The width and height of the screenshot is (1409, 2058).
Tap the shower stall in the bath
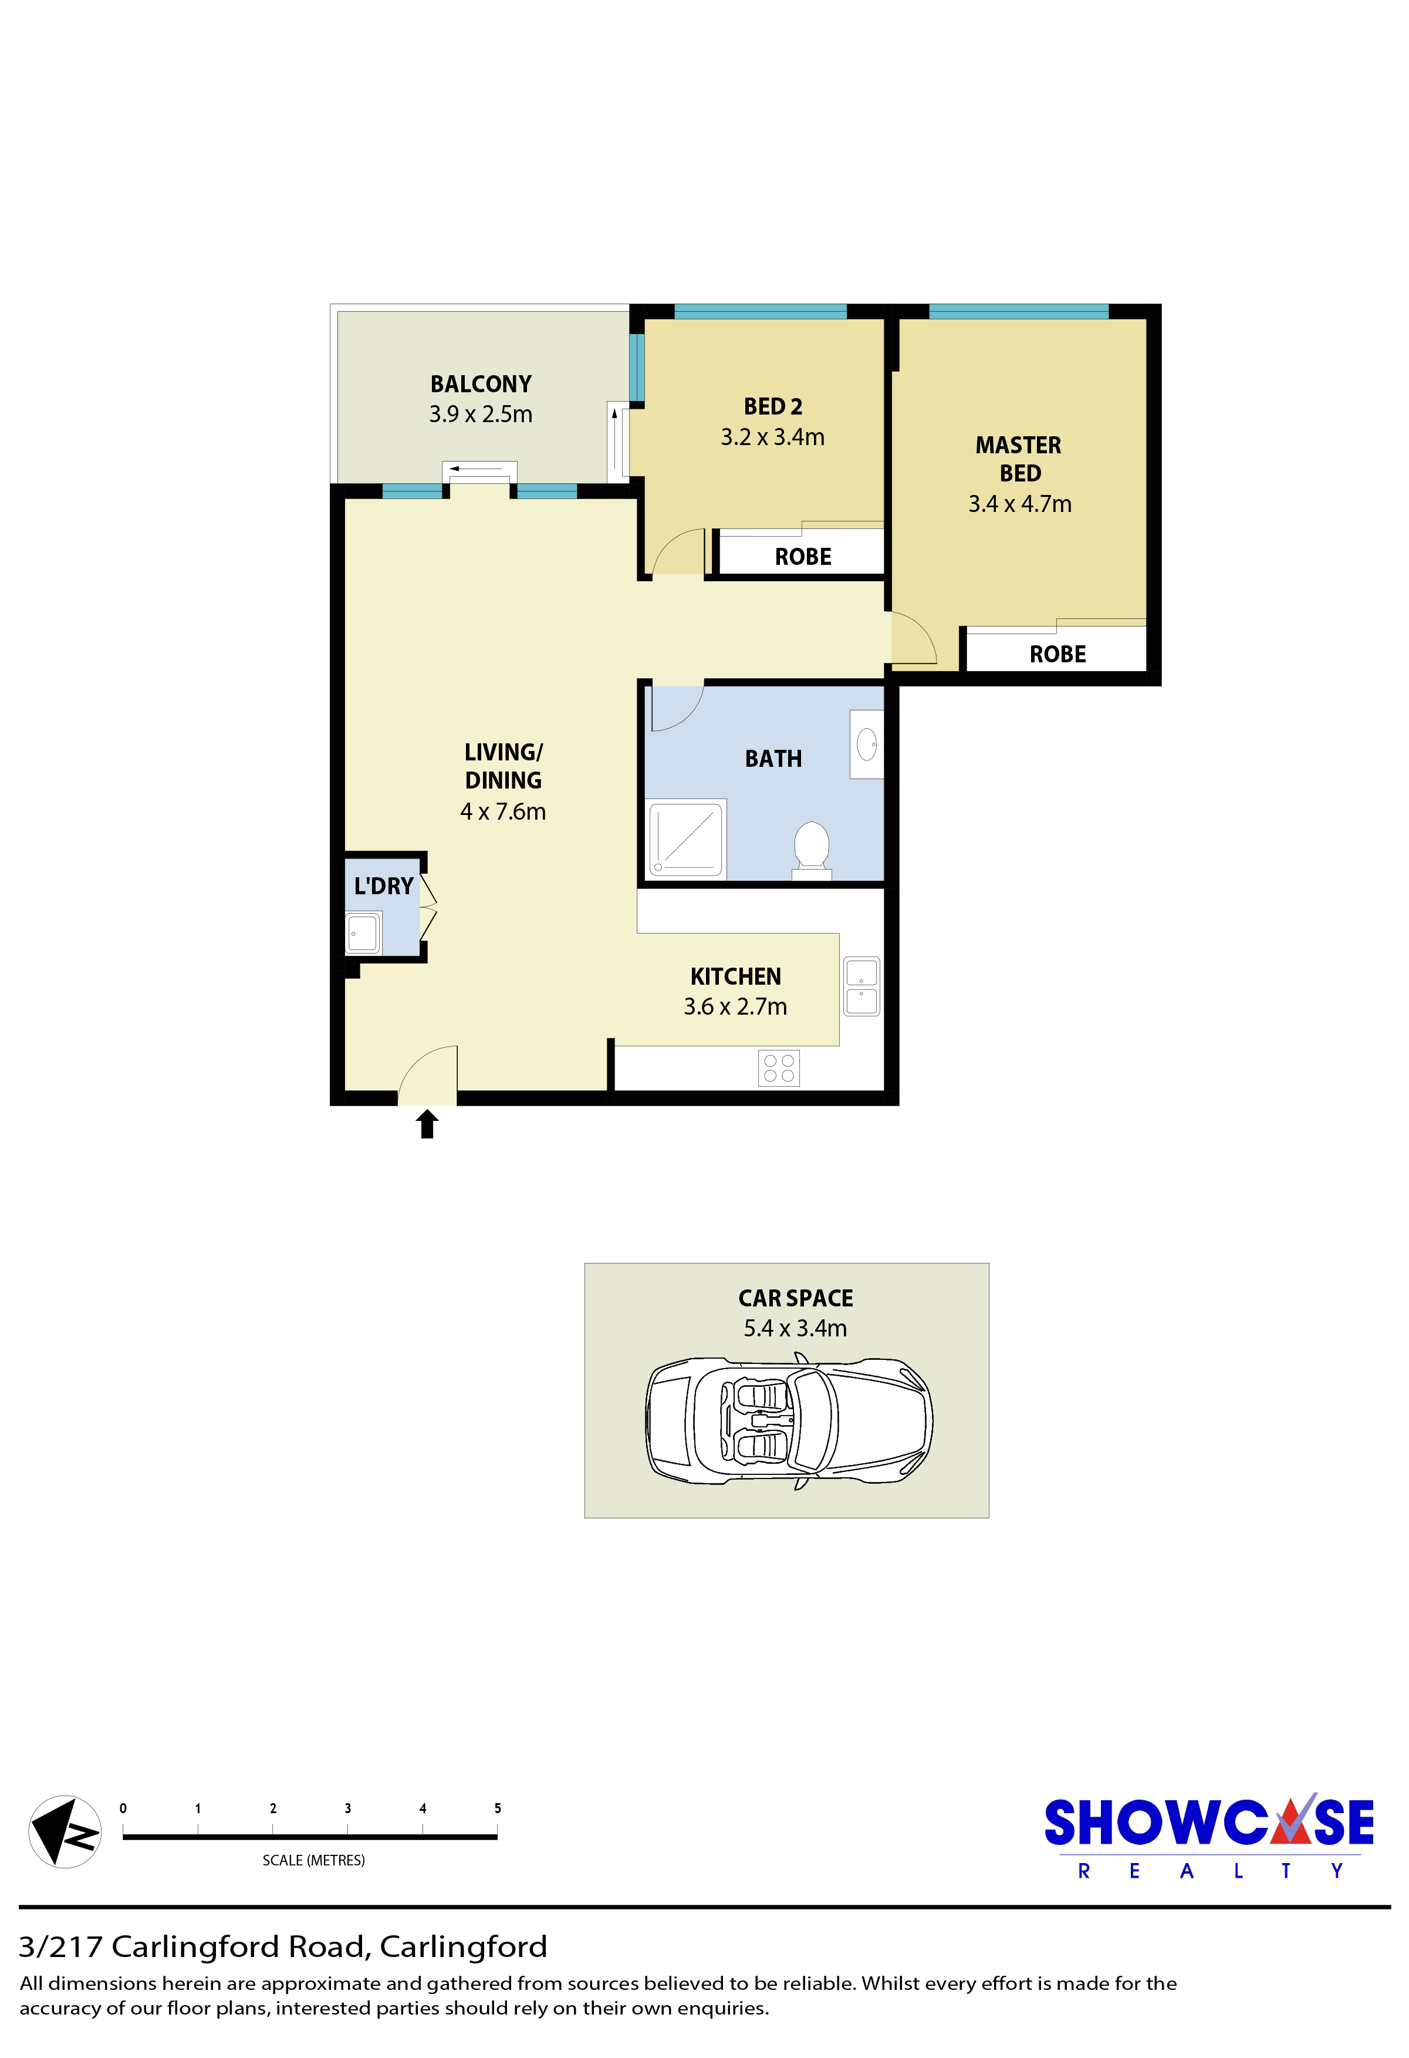click(x=687, y=838)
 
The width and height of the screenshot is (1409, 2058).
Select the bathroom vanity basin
click(x=866, y=744)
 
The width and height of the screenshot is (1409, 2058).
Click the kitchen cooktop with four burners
click(x=779, y=1068)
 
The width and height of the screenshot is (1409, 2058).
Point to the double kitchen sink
click(x=861, y=986)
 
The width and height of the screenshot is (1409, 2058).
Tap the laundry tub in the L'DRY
click(x=363, y=932)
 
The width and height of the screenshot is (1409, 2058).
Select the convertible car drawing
click(x=789, y=1423)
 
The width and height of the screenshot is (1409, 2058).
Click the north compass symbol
click(x=65, y=1831)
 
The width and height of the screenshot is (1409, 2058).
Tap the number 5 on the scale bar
click(x=498, y=1808)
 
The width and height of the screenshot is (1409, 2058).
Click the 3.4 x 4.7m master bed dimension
click(x=1019, y=504)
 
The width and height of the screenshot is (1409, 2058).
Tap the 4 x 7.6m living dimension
click(x=503, y=811)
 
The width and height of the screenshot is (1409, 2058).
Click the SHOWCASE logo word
click(x=1209, y=1823)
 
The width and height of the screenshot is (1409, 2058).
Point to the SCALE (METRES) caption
click(x=313, y=1861)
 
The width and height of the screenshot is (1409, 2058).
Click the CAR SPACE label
click(x=796, y=1298)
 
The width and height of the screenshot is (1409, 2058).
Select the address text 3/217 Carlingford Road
click(x=192, y=1947)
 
